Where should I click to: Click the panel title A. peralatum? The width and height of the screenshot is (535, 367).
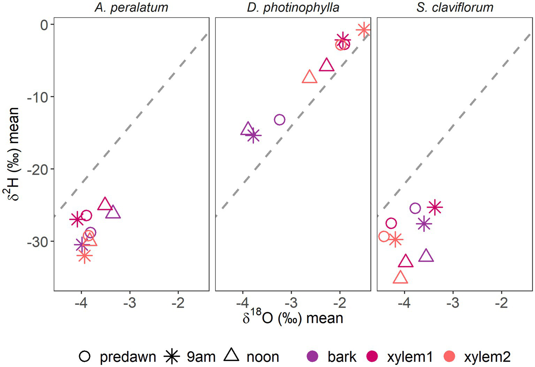tap(131, 7)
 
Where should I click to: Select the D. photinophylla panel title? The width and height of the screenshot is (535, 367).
tap(293, 7)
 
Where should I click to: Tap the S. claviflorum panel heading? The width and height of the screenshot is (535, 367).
tap(454, 7)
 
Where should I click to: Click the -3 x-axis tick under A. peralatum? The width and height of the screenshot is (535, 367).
tap(130, 303)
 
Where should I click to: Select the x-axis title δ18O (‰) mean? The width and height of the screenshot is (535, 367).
tap(293, 318)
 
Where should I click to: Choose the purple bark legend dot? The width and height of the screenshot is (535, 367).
tap(312, 356)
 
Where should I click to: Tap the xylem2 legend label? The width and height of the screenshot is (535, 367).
tap(487, 357)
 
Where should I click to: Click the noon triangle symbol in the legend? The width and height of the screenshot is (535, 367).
tap(231, 356)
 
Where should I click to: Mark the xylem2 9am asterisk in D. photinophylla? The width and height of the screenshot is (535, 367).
tap(363, 30)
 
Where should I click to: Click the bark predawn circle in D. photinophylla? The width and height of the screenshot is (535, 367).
tap(279, 119)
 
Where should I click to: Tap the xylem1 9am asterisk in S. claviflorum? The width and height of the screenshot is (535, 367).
tap(435, 207)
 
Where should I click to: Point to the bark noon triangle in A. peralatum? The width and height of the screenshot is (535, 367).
tap(113, 212)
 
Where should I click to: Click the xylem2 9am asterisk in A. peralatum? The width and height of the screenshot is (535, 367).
tap(84, 257)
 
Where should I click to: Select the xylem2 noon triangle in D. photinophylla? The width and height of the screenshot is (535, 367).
tap(309, 77)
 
